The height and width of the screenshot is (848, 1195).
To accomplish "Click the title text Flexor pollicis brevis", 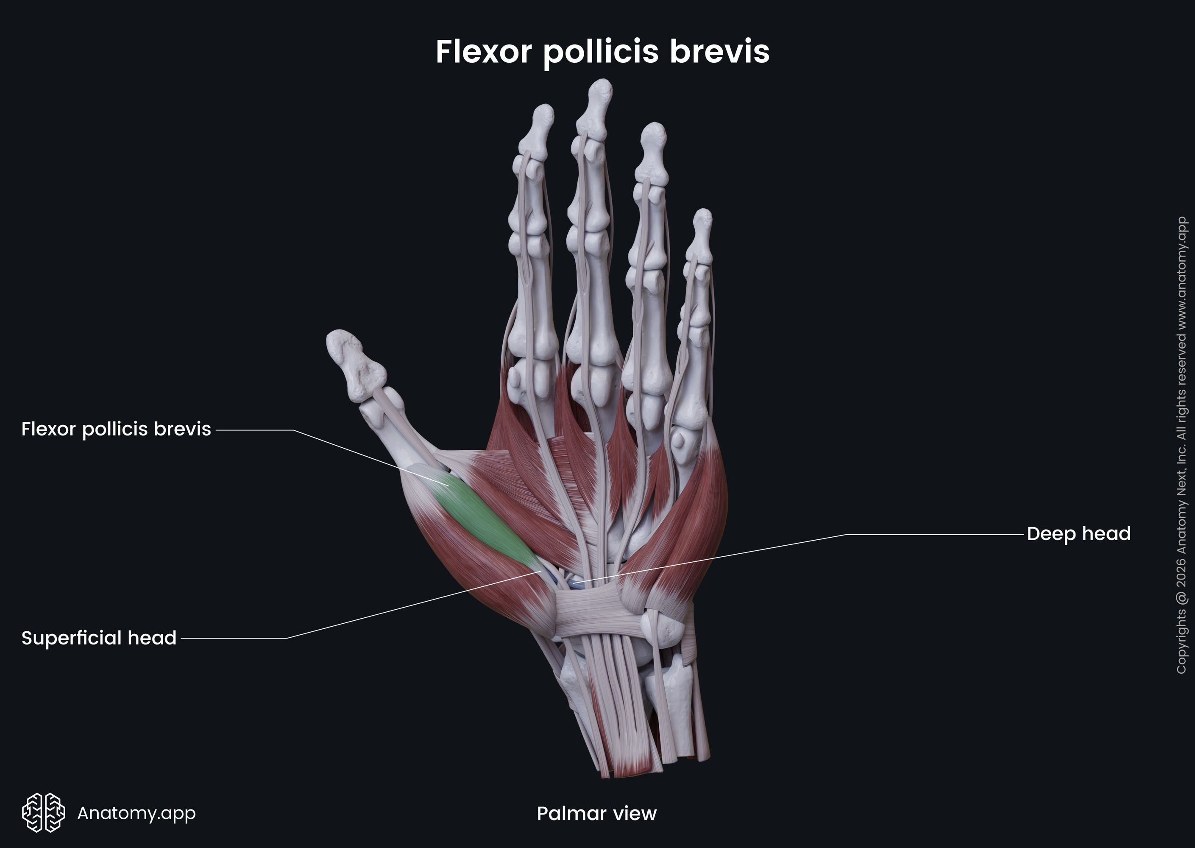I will click(602, 52).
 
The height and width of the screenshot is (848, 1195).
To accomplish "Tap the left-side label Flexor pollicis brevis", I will click(116, 429).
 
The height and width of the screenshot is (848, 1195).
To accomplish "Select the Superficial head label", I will click(99, 638).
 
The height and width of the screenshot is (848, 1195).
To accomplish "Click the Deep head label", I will click(1078, 534).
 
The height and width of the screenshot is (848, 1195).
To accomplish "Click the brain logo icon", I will click(43, 812).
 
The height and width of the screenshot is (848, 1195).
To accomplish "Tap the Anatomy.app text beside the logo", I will click(136, 812).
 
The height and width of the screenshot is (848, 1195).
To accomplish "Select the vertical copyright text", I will click(1181, 444).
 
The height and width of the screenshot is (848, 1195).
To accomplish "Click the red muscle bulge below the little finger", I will click(694, 522).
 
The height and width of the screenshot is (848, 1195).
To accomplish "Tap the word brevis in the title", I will click(719, 52).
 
